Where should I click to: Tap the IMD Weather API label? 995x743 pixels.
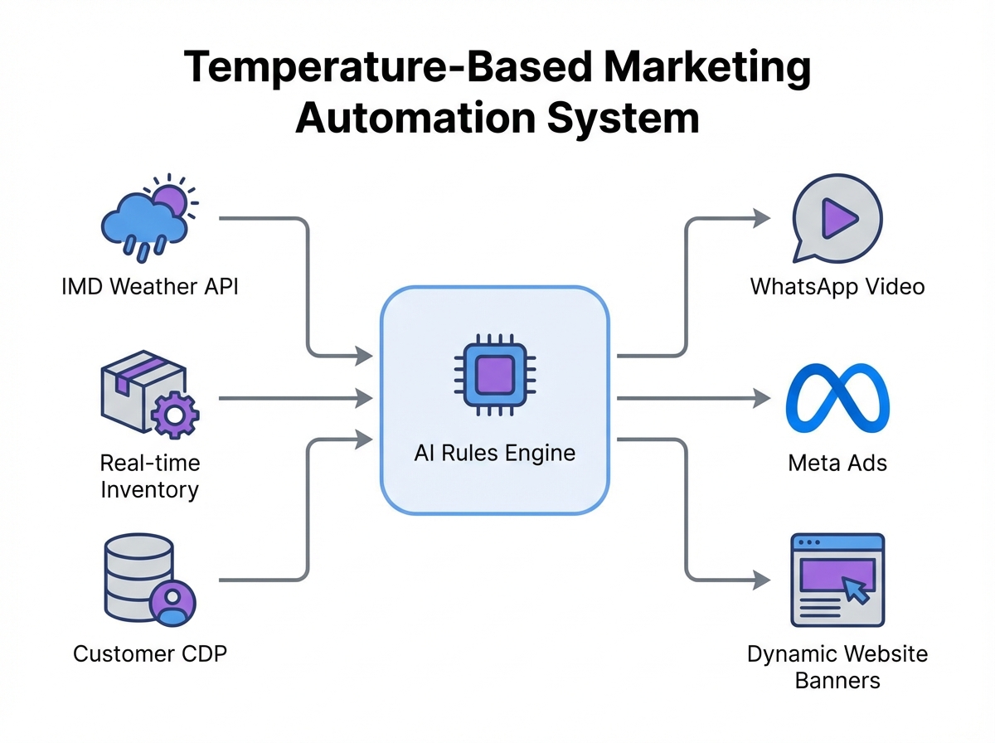[x=149, y=288]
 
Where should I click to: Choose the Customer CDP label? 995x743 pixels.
[x=149, y=653]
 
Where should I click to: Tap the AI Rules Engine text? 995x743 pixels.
[x=494, y=453]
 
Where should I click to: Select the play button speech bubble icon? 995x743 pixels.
[x=836, y=217]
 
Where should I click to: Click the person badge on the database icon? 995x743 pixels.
[x=173, y=600]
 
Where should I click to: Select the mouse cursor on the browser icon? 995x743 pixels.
[x=855, y=591]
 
